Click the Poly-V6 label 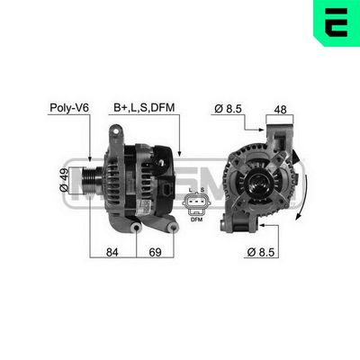69,108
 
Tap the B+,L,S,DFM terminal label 143,108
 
